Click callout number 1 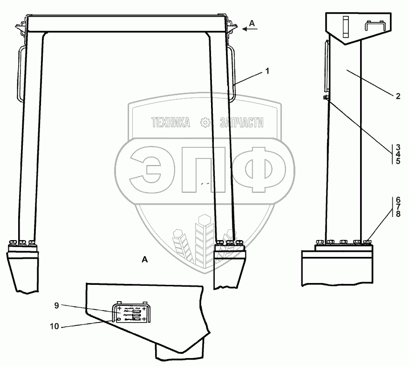tap(267, 71)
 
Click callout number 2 tap(398, 96)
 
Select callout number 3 tap(398, 147)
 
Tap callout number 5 tap(398, 161)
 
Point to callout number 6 tap(398, 200)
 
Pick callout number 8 tap(398, 214)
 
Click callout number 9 tap(57, 305)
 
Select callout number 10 tap(55, 326)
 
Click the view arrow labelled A tap(250, 29)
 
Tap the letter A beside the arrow tap(252, 23)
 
